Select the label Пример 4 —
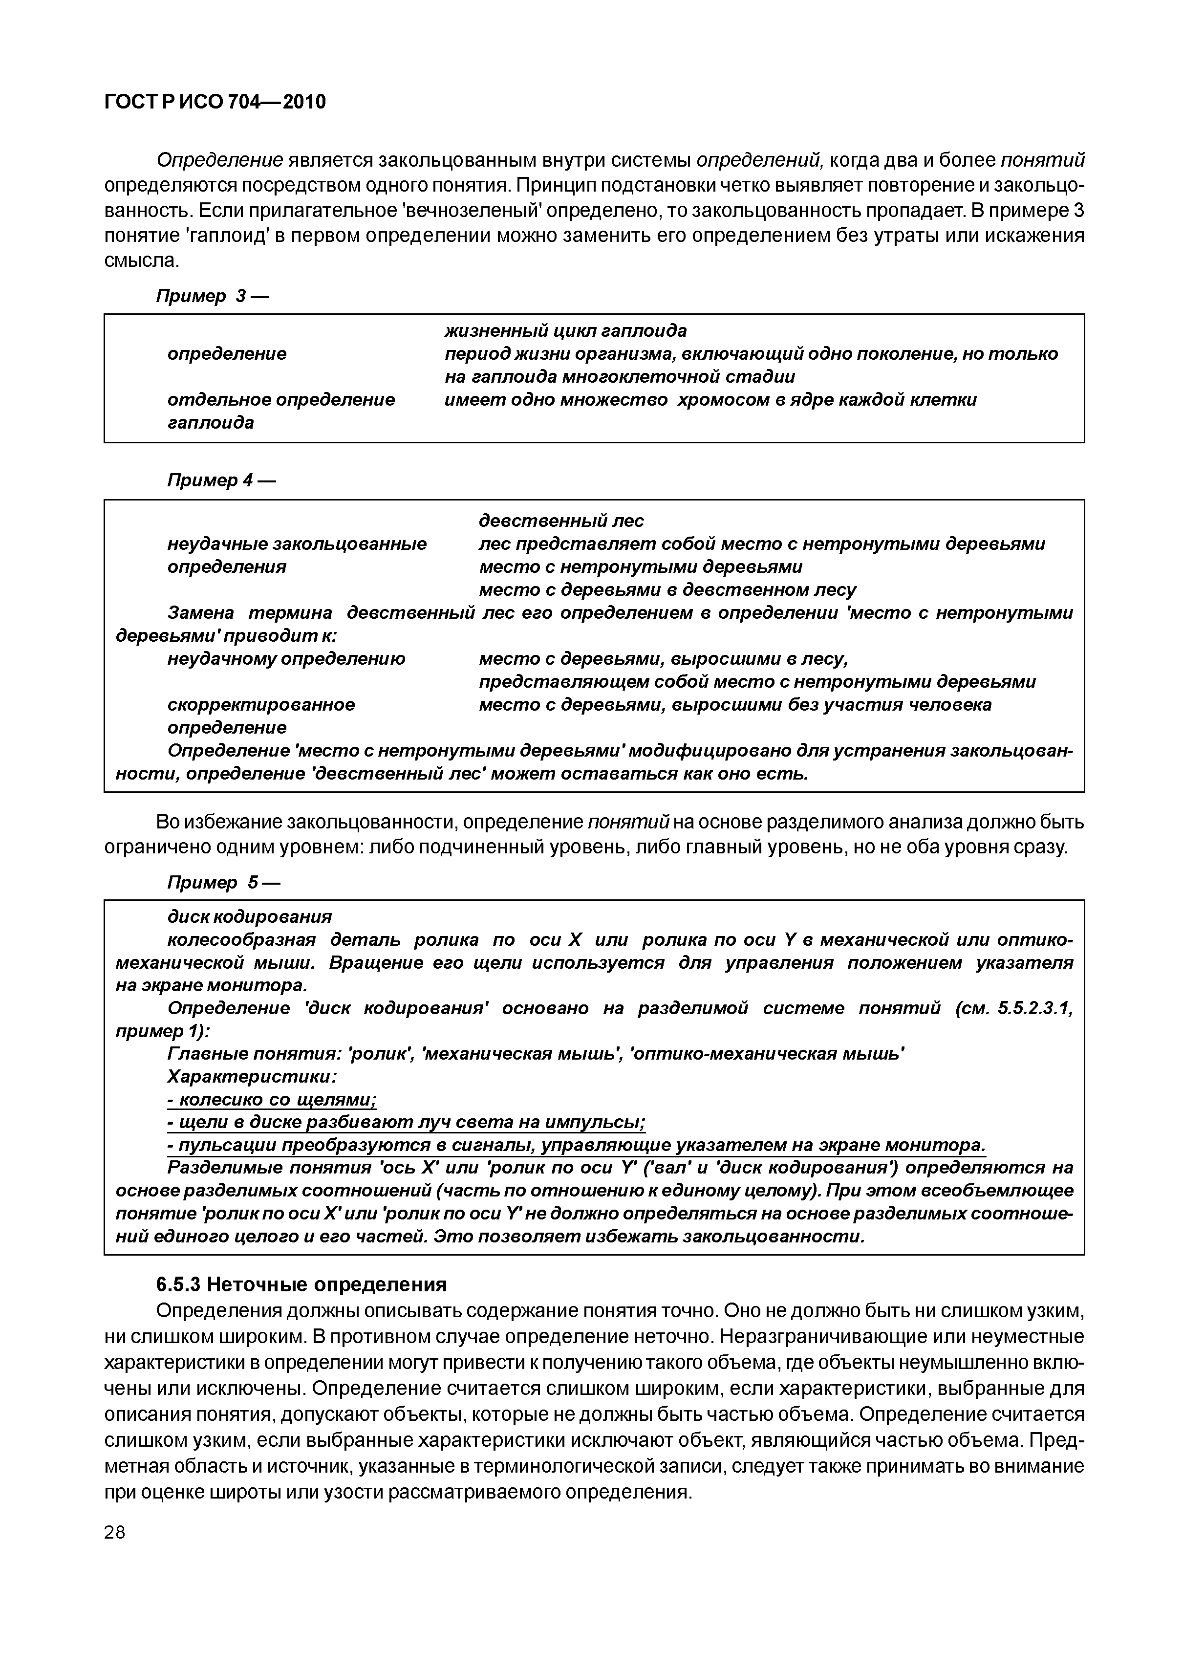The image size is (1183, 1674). tap(221, 480)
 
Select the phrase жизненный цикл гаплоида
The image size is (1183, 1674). tap(566, 331)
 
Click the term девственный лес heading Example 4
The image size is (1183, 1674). tap(561, 521)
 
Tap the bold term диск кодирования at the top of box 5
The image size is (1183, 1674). tap(249, 916)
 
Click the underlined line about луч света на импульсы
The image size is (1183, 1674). tap(407, 1123)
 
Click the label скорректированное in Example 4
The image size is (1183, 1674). tap(261, 705)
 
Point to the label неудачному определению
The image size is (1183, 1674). tap(286, 659)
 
